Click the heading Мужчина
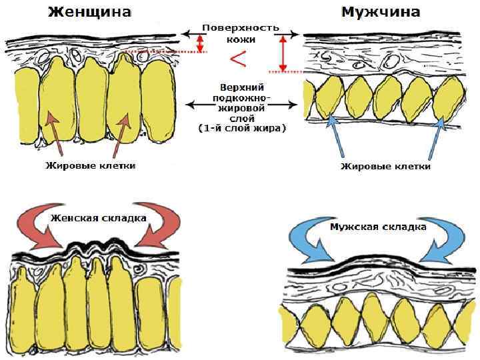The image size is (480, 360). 381,12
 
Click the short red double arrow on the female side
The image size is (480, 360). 199,43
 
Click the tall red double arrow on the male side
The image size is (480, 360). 283,53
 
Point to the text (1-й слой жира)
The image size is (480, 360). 241,127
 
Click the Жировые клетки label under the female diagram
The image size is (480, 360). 91,165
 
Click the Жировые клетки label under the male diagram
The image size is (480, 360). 385,166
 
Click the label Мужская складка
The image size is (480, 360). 378,227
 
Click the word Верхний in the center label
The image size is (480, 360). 241,87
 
